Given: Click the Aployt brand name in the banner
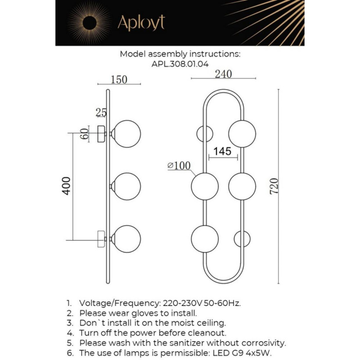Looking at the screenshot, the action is coord(141,23).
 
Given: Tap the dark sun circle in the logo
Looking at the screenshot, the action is coord(89,23).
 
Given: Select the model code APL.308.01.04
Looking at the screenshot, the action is coord(180,64).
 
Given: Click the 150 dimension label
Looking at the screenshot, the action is coord(119,79).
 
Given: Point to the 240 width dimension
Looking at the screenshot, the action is coord(223,74).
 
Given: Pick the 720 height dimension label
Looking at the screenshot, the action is coord(274,186).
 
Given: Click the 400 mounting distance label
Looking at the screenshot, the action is coord(66,186).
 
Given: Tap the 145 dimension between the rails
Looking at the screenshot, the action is coord(222,151).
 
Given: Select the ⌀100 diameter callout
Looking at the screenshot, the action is coord(179,165).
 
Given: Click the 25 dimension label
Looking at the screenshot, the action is coord(101,112).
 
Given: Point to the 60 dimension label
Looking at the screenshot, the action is coord(84,134).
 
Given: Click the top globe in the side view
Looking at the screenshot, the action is coord(127,134).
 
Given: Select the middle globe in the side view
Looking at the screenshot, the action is coord(127,186).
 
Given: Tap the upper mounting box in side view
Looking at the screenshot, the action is coord(101,134).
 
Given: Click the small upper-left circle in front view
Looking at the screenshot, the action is coord(205,134).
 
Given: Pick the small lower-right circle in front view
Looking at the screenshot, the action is coord(242,239).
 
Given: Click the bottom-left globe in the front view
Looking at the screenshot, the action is coord(205,239).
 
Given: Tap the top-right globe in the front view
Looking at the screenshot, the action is coord(242,134).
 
